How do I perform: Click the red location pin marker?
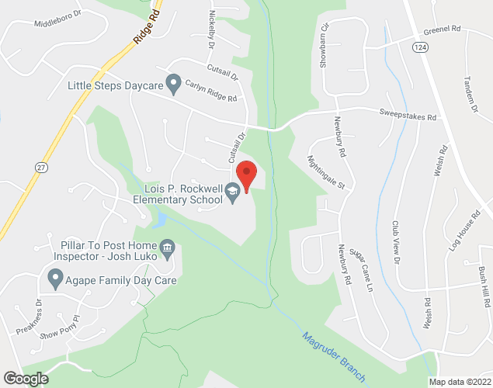246,175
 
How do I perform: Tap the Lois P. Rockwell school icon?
231,191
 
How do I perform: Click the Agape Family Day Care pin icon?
55,276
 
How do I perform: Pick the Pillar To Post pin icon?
167,249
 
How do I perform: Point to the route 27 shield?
41,166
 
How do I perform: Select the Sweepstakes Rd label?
408,116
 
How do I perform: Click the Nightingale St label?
331,174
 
